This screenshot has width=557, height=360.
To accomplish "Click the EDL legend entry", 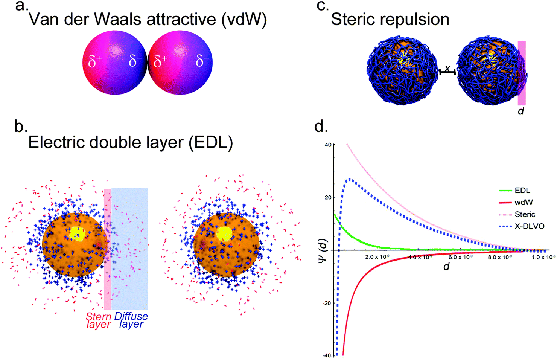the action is click(515, 190).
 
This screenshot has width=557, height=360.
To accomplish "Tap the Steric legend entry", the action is click(517, 214).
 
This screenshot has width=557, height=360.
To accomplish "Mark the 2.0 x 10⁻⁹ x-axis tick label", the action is click(377, 257).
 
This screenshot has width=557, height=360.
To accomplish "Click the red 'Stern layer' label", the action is click(99, 320).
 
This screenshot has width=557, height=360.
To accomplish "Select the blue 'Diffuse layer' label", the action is click(131, 320).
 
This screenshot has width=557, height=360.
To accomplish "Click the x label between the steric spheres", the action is click(447, 68).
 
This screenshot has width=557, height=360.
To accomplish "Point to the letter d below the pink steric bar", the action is click(521, 111).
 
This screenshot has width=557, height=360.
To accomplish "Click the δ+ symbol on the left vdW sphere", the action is click(95, 61).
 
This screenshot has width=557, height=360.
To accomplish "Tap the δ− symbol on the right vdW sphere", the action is click(202, 61).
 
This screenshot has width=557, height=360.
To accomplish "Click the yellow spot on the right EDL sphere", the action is click(224, 234).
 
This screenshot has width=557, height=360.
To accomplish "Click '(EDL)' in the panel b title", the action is click(211, 143).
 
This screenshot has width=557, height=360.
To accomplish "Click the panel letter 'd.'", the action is click(321, 127).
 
